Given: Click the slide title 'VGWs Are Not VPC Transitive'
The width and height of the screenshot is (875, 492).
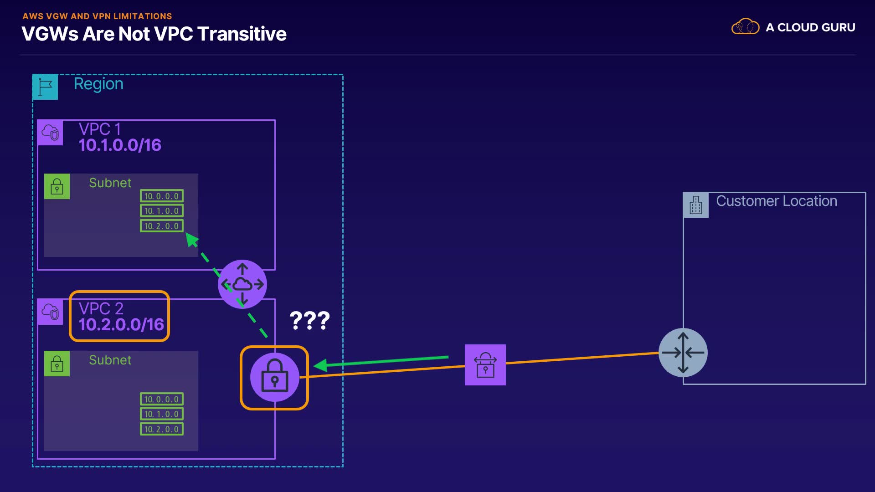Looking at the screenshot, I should click(x=154, y=34).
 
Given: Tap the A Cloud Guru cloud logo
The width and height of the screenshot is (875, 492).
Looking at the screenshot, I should click(x=745, y=27).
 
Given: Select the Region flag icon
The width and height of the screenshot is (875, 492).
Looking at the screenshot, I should click(x=45, y=87).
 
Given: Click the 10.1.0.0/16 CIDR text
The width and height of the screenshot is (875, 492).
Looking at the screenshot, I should click(x=120, y=145).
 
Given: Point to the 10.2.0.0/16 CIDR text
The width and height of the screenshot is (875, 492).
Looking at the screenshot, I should click(x=121, y=324).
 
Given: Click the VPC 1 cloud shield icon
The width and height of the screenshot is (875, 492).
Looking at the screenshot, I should click(x=50, y=133).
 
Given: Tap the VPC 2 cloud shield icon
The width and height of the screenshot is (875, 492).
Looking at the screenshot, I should click(x=50, y=312).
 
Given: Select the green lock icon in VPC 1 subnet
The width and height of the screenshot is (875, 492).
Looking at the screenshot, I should click(x=57, y=186).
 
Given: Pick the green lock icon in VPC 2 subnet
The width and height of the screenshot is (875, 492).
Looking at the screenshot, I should click(x=57, y=364).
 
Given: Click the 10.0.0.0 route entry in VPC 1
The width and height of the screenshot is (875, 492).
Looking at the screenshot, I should click(x=162, y=196).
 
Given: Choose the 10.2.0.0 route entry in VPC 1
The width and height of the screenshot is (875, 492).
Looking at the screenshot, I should click(x=162, y=226).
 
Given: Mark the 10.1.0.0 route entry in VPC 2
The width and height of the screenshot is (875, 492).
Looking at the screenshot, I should click(x=162, y=414).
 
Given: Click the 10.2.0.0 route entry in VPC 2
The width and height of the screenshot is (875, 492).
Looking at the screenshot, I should click(x=162, y=429).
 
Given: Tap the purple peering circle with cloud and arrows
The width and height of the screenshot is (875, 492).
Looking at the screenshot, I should click(x=242, y=284).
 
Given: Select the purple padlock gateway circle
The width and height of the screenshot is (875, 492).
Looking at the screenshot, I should click(x=274, y=377).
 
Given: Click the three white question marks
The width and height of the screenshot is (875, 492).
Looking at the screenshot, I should click(x=309, y=320).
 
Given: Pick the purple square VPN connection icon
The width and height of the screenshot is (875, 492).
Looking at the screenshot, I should click(x=485, y=365).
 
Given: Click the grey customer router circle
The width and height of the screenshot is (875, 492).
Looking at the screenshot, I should click(x=683, y=353).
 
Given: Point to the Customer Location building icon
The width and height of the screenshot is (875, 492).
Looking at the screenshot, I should click(x=695, y=205).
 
